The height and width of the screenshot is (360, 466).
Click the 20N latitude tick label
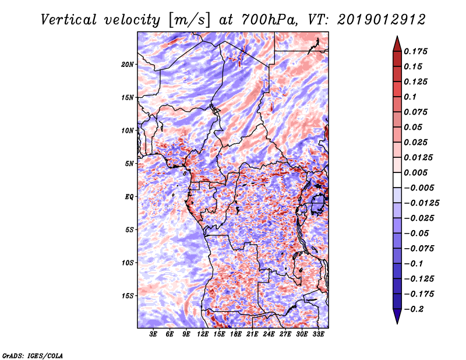pyautogui.click(x=128, y=64)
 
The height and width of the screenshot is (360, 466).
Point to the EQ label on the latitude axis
pyautogui.click(x=130, y=197)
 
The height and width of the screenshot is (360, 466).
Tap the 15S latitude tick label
pyautogui.click(x=128, y=296)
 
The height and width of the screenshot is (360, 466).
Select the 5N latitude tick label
pyautogui.click(x=129, y=164)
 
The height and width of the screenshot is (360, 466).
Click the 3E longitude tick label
pyautogui.click(x=154, y=335)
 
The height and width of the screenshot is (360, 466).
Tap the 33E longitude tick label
pyautogui.click(x=318, y=335)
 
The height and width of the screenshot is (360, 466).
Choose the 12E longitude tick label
pyautogui.click(x=203, y=335)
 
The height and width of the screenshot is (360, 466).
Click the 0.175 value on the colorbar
pyautogui.click(x=417, y=51)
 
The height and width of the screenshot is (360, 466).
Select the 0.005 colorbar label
pyautogui.click(x=417, y=172)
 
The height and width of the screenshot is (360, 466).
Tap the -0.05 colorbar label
pyautogui.click(x=417, y=233)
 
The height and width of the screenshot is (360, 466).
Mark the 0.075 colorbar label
pyautogui.click(x=417, y=112)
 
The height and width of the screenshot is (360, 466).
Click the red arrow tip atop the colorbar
pyautogui.click(x=397, y=43)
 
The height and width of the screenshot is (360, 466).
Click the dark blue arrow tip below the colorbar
pyautogui.click(x=397, y=317)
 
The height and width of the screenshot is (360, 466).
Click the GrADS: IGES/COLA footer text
pyautogui.click(x=33, y=355)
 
